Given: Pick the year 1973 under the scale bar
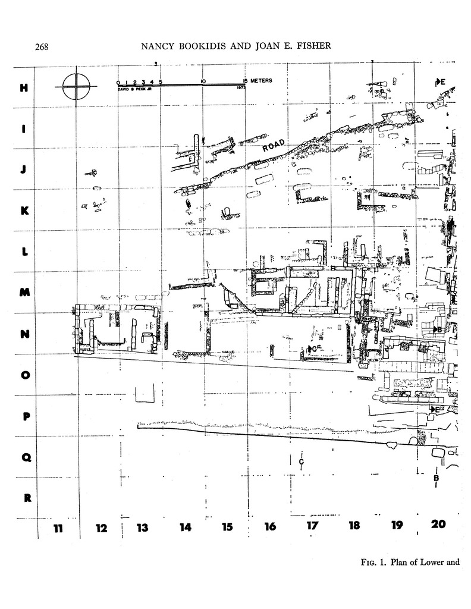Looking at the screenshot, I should click(x=241, y=88).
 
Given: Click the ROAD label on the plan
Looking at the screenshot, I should click(x=273, y=145).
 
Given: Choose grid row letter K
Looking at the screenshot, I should click(x=24, y=211).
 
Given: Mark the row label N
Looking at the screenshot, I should click(x=24, y=334).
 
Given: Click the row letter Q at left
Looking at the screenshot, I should click(x=26, y=457).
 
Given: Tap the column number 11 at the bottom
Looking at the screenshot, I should click(x=58, y=526).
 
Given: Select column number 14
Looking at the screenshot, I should click(x=186, y=526).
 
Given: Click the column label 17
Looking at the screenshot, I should click(x=312, y=526).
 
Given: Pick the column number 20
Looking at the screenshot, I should click(x=439, y=525).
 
